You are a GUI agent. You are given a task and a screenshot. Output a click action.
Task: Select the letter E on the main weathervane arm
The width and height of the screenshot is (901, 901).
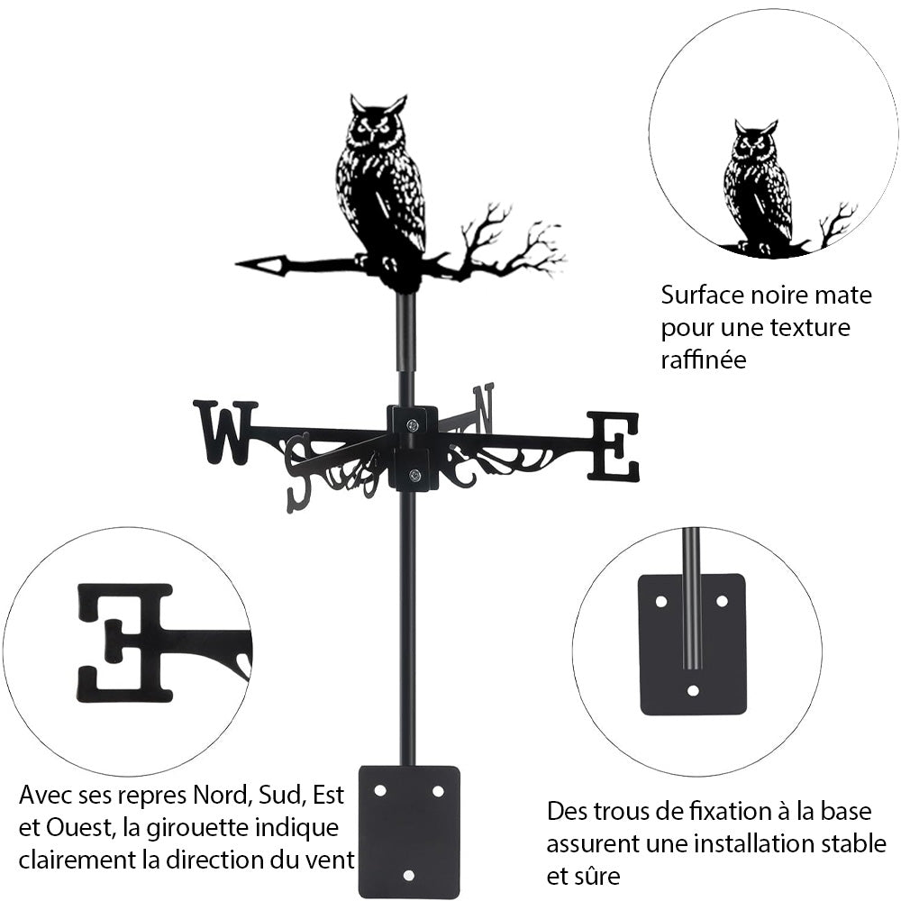(614, 445)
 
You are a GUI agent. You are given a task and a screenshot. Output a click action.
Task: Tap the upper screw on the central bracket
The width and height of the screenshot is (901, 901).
(413, 425)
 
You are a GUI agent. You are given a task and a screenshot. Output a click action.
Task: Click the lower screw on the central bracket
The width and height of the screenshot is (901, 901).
(414, 475)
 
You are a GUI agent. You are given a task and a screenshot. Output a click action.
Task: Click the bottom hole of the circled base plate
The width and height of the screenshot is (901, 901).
(692, 691)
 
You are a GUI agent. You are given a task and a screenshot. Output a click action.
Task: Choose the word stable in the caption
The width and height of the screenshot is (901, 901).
(851, 843)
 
